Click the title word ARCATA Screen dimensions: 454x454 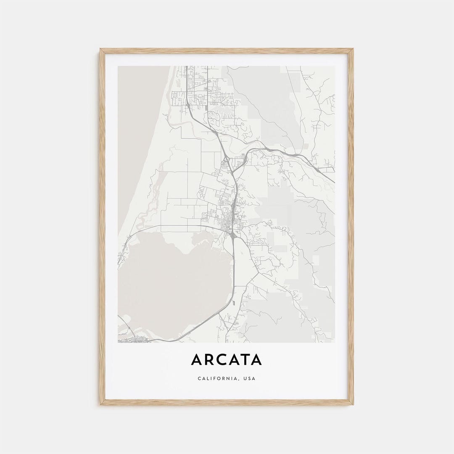227,360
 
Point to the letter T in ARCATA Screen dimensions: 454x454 243,360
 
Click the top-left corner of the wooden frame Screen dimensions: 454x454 100,50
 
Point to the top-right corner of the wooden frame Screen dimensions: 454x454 353,50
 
